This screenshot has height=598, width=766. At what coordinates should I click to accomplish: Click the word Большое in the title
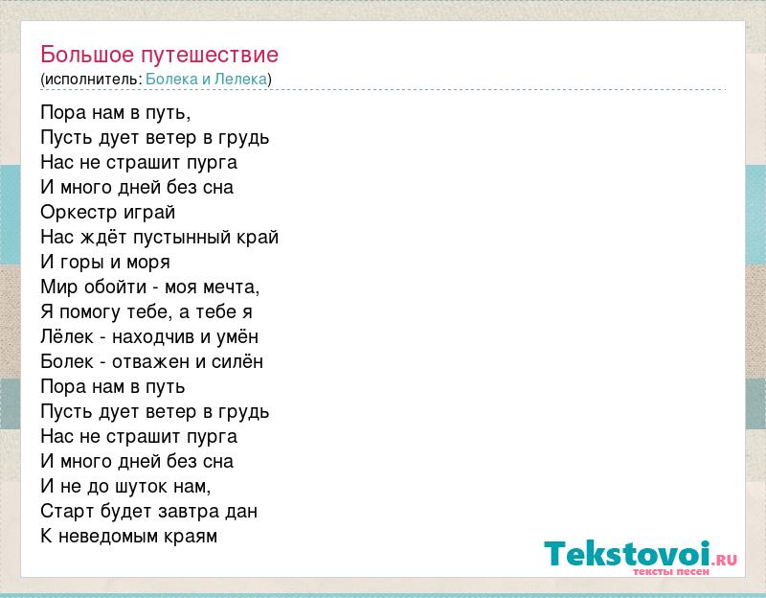(x=87, y=55)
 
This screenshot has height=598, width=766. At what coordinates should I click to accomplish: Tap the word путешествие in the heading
(x=210, y=56)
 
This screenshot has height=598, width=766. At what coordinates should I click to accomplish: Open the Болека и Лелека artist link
(x=207, y=80)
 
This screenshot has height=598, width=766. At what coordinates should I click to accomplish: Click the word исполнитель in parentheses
(x=91, y=80)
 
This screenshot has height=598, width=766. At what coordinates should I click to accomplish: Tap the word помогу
(x=89, y=313)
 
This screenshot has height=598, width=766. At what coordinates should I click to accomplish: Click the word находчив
(x=153, y=337)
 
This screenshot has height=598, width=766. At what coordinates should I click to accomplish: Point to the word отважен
(x=150, y=362)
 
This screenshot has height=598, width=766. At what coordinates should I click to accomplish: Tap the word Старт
(x=67, y=512)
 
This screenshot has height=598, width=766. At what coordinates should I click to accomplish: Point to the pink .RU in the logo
(x=725, y=560)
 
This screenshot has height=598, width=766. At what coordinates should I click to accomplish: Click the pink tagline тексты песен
(x=671, y=571)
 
